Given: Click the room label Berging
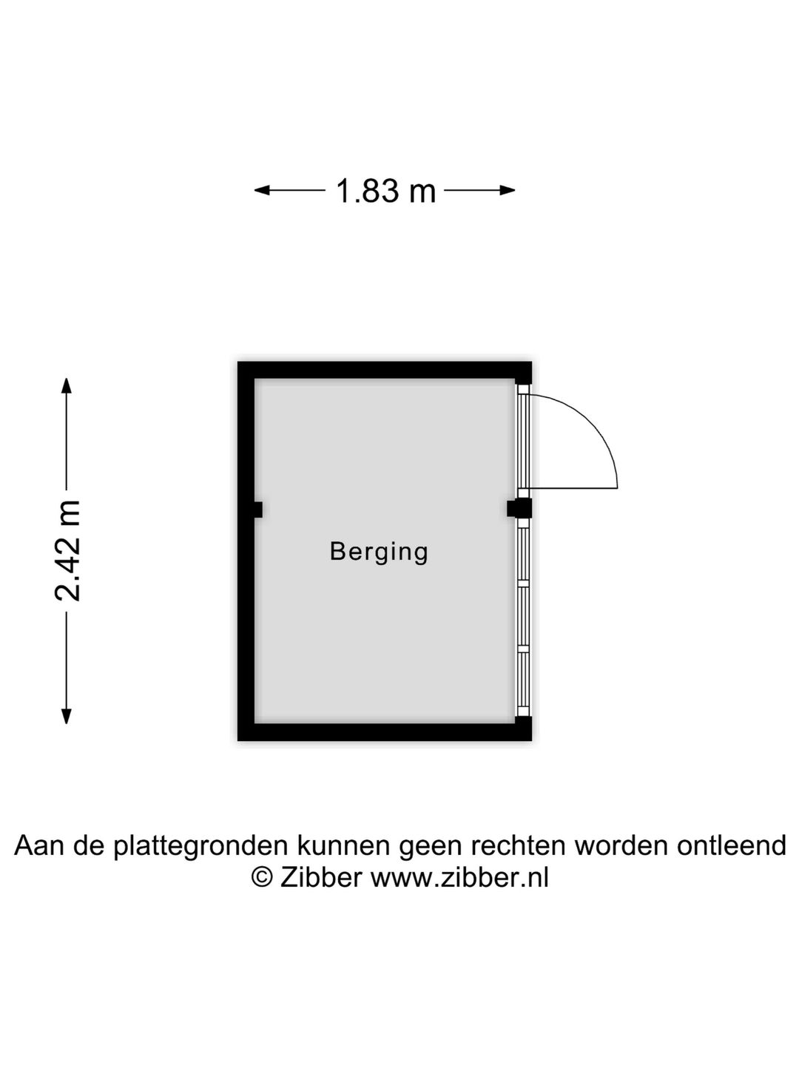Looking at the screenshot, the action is tap(378, 553).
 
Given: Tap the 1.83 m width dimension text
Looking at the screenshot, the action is tap(386, 191).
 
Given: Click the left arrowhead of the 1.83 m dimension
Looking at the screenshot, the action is tap(262, 190).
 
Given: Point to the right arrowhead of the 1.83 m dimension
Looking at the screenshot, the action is tap(508, 190).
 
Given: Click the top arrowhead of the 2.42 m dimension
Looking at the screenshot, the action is tap(66, 386).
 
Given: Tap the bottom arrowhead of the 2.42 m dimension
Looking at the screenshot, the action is tap(66, 717).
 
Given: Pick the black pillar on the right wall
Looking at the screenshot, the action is tap(519, 509).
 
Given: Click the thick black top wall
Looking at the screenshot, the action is tap(384, 370).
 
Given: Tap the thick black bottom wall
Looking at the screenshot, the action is tap(384, 732).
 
